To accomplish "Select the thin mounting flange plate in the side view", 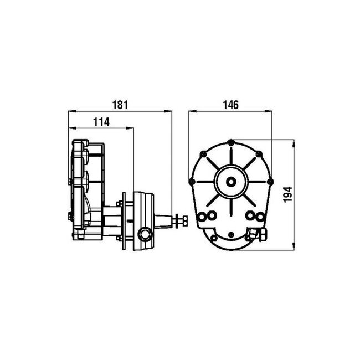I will click(x=127, y=220).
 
